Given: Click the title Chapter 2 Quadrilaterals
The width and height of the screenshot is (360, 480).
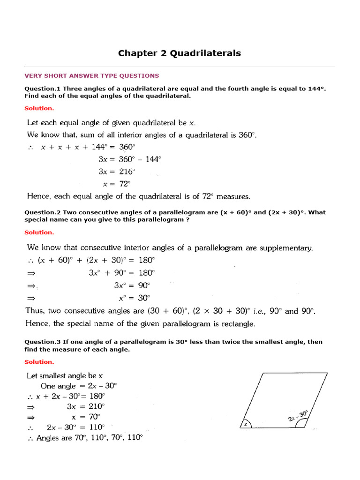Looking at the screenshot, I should point(180,53).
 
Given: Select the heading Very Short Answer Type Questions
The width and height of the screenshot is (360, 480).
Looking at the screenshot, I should point(91,75).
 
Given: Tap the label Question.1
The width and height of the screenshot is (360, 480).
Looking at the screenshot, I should point(43,89).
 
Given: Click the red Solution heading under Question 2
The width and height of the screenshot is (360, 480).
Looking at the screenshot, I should point(39,232).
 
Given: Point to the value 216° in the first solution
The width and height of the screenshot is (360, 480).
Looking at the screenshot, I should point(126,171).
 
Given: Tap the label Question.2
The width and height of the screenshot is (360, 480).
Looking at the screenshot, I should point(43,212).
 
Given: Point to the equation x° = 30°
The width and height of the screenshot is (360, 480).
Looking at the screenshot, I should point(134,297).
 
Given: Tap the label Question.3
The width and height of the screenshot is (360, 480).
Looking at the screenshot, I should point(43,342).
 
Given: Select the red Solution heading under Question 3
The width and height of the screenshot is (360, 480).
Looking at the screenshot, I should point(39,362).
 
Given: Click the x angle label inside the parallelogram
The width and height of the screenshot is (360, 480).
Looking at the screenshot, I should point(245,425).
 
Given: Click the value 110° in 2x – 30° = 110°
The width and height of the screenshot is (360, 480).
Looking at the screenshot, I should point(96,427).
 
